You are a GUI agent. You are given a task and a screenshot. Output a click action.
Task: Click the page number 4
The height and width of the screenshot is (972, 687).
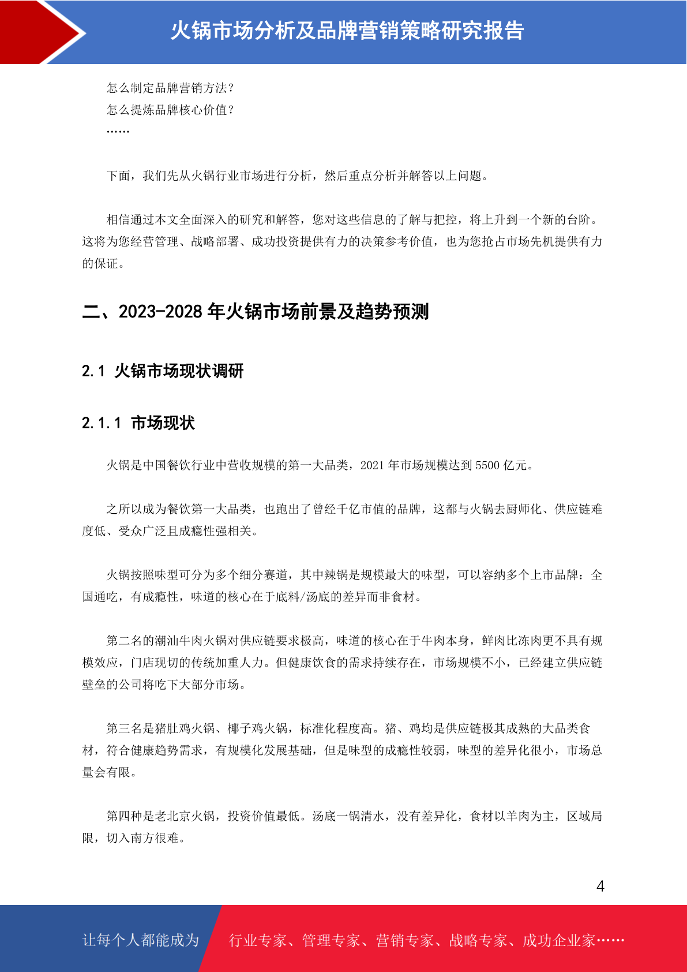[600, 886]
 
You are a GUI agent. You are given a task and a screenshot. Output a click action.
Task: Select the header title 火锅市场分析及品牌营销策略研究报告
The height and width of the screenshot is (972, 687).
[347, 31]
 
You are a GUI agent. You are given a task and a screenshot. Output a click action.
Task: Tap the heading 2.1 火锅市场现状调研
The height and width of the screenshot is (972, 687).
[163, 371]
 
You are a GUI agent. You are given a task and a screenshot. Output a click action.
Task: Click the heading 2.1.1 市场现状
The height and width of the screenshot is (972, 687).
[138, 423]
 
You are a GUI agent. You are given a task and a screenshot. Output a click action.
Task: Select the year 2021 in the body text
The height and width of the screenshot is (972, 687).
[373, 465]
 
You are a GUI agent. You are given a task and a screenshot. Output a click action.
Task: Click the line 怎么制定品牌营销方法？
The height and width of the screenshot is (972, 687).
[170, 88]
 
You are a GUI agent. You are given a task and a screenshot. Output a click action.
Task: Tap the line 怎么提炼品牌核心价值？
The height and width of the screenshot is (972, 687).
[170, 110]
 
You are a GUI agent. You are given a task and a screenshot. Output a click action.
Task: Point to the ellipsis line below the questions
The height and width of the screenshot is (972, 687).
[118, 132]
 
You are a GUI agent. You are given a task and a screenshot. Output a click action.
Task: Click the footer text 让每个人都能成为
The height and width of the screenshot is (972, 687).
[141, 940]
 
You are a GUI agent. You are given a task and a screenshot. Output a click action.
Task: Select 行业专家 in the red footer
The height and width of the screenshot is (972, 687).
[258, 940]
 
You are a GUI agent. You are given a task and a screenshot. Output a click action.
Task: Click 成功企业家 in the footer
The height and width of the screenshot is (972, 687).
[558, 940]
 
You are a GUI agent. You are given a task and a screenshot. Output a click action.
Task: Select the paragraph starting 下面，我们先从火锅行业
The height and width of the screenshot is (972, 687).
[298, 175]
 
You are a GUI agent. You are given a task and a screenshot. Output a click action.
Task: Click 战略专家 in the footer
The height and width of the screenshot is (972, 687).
[478, 940]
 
